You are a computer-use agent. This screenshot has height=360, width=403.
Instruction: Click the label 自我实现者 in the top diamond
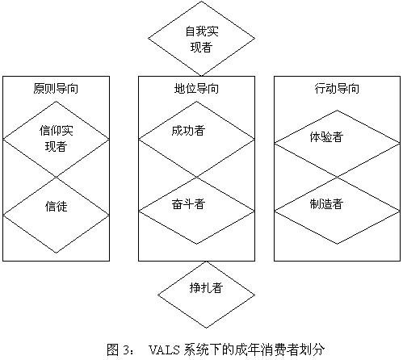(202, 40)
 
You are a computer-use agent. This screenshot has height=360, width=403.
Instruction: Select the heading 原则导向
(56, 89)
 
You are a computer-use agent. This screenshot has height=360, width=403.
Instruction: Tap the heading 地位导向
(196, 89)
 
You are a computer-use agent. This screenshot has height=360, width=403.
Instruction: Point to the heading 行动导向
(337, 89)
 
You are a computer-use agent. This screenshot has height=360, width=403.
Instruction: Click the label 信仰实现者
(56, 139)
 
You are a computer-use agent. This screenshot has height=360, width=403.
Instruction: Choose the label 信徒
(56, 207)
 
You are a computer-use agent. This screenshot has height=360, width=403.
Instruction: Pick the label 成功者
(188, 131)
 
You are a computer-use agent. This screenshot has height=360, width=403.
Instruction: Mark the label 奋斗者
(188, 203)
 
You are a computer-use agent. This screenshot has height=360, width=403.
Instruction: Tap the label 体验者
(326, 137)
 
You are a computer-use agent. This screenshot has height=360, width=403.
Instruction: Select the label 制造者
(326, 204)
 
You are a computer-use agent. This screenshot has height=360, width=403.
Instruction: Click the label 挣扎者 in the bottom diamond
(206, 288)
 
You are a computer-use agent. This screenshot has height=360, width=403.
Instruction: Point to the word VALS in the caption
(164, 350)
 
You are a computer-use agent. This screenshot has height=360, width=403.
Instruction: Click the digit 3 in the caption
(126, 350)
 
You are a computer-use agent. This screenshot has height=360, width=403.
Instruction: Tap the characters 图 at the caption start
(113, 350)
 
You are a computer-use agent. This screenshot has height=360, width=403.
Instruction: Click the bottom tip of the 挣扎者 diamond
(207, 329)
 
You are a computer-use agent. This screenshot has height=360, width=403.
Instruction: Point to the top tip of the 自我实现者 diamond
(201, 2)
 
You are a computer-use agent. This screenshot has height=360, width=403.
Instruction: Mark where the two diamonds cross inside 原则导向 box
(56, 178)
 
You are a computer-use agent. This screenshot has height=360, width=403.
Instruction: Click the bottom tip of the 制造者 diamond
(337, 244)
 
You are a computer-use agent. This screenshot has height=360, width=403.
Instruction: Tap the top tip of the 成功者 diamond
(196, 102)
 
